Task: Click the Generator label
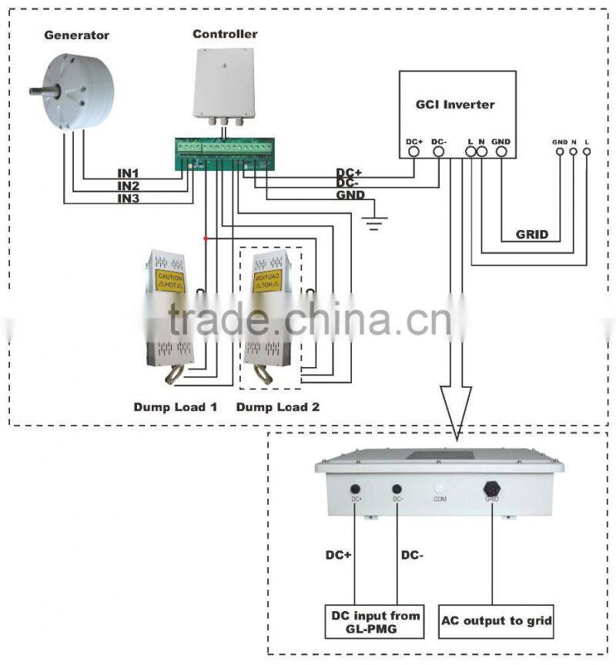click(x=76, y=35)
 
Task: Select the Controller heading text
click(x=225, y=34)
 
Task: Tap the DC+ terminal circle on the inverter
click(x=414, y=152)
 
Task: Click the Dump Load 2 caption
click(x=277, y=406)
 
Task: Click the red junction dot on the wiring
click(x=206, y=239)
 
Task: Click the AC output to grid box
click(x=497, y=621)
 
